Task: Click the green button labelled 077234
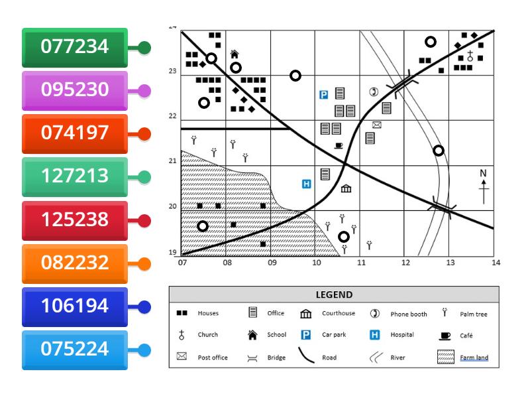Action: click(x=74, y=47)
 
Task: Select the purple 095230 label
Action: click(x=74, y=90)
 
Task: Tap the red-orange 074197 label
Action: click(x=74, y=133)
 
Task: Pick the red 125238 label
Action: click(x=74, y=220)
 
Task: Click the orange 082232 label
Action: click(x=74, y=263)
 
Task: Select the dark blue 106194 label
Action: click(x=74, y=306)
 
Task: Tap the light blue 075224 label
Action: click(x=74, y=350)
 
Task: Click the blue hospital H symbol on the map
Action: click(x=306, y=184)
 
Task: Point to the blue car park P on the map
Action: click(x=324, y=95)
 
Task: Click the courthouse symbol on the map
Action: click(x=346, y=188)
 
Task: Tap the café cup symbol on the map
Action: click(x=339, y=145)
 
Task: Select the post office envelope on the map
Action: click(x=376, y=125)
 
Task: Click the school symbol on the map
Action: click(x=234, y=54)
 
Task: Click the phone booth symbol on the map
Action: click(x=374, y=92)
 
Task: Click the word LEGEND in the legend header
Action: click(x=334, y=295)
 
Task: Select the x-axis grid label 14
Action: click(x=495, y=263)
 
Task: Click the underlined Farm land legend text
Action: click(x=474, y=358)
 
